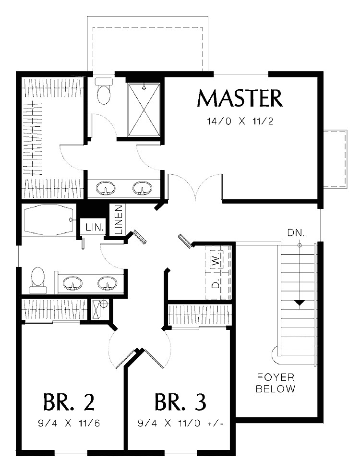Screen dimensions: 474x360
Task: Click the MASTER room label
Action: tap(240, 98)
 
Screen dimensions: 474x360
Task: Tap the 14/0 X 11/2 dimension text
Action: tap(240, 121)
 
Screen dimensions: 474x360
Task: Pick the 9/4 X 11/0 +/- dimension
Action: tap(180, 424)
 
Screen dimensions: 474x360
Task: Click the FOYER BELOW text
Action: tap(276, 383)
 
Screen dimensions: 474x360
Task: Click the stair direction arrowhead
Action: tap(299, 303)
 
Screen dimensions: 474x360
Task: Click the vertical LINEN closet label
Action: tap(118, 219)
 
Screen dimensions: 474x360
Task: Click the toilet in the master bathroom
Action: tap(104, 93)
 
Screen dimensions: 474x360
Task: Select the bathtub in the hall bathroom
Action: tap(48, 220)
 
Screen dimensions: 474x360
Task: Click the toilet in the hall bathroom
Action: tap(37, 280)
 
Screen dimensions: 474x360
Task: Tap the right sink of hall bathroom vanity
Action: tap(107, 284)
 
